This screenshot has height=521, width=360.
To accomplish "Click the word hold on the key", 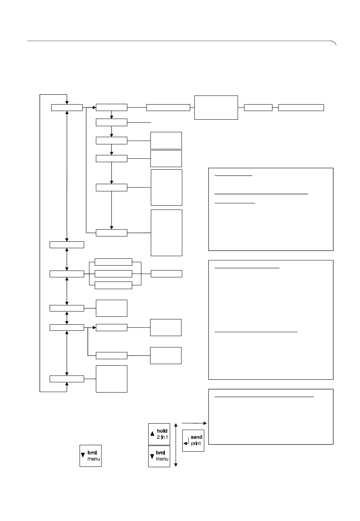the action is point(162,431).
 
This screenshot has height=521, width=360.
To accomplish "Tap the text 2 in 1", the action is point(162,437).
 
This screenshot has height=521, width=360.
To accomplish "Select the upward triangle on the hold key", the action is point(152,433).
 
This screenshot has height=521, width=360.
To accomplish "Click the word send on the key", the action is point(196,437).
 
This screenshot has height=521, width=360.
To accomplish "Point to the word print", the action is point(196,444).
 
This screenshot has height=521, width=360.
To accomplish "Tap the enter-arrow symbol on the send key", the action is point(186,441).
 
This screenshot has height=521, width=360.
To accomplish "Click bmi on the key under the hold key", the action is point(160,452).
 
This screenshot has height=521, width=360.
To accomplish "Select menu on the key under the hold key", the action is point(162,459).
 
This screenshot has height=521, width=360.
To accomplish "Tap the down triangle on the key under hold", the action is point(152,456).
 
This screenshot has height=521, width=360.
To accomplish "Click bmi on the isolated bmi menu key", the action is point(92,452).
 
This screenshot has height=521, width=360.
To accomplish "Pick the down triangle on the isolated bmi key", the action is point(83,455).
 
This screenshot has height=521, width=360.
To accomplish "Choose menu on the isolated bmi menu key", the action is point(94,459).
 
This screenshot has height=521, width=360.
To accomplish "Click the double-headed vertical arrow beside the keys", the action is point(176,445).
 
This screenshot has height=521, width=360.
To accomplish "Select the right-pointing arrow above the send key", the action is point(194,423).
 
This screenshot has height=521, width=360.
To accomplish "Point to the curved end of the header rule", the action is point(334,42).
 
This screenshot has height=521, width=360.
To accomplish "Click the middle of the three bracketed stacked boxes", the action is point(113,274).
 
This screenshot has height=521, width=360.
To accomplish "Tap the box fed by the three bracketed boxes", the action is point(166,274).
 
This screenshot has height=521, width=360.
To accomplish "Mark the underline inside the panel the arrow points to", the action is point(264,397).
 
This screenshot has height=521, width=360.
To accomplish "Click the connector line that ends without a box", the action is point(139,122).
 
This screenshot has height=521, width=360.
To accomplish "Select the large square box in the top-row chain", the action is point(216,108).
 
